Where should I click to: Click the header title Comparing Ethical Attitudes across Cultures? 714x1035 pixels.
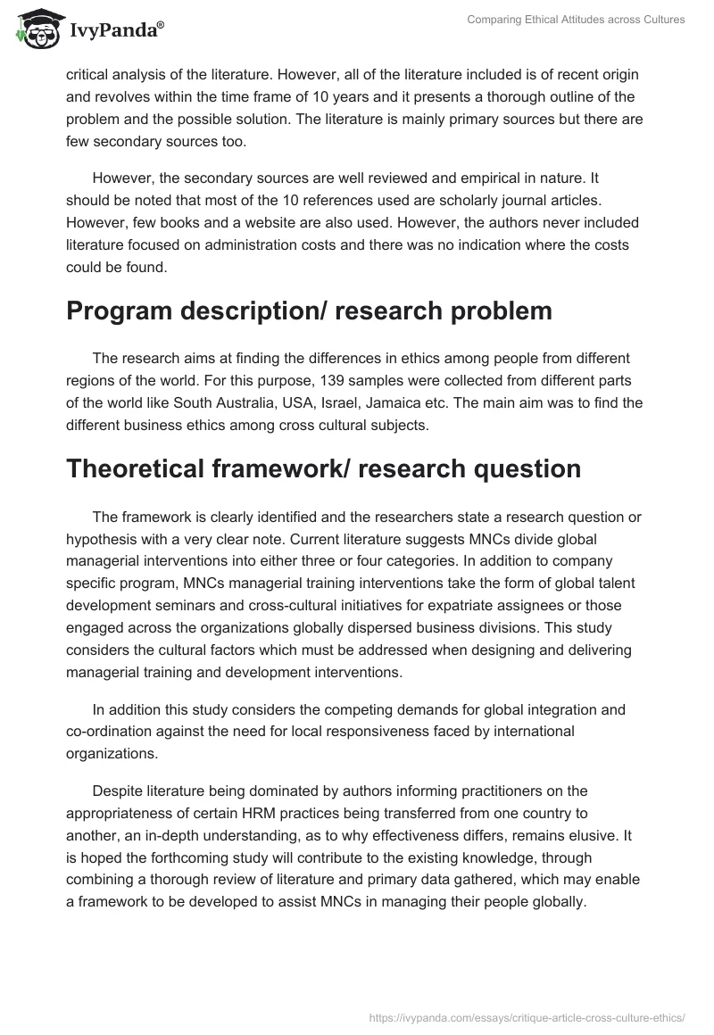pos(576,19)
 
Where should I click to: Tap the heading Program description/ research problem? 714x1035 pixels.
pos(309,310)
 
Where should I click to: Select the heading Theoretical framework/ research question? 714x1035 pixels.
pos(323,468)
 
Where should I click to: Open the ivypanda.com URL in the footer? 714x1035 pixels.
pos(527,1017)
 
